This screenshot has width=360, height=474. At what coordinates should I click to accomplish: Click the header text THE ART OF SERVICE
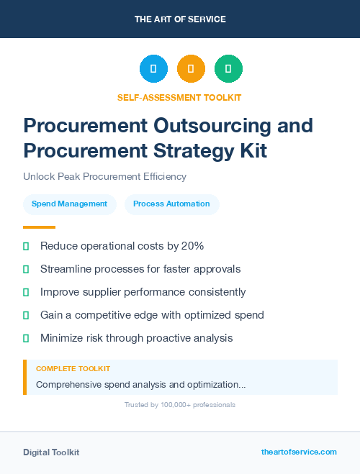point(180,19)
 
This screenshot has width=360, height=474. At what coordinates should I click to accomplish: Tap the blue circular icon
point(153,69)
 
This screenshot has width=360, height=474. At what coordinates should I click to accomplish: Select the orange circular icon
point(191,69)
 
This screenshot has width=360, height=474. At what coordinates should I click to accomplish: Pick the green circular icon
point(228,69)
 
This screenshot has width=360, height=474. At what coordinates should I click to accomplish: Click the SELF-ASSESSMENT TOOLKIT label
point(179,97)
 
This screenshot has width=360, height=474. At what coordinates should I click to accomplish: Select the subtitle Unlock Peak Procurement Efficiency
point(104,176)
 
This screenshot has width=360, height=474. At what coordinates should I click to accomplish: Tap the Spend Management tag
point(69,204)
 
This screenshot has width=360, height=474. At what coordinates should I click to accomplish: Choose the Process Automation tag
point(171,204)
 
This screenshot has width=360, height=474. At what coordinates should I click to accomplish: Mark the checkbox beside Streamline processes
point(26,269)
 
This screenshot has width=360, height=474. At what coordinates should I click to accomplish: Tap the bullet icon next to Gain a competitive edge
point(26,315)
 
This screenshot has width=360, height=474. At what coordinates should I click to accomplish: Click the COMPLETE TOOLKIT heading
point(73,368)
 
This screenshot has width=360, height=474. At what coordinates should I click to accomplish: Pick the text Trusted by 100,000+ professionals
point(179,405)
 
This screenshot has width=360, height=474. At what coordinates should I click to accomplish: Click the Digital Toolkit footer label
point(51,452)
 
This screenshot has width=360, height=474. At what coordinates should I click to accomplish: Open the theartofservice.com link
point(299,452)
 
